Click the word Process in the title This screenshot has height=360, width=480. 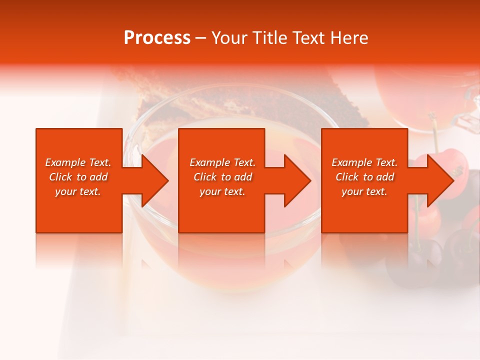click(157, 38)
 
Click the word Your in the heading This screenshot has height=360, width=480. click(229, 38)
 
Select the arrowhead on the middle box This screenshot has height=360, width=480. click(295, 180)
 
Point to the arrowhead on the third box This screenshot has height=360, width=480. click(438, 180)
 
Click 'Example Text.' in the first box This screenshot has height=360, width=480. click(78, 162)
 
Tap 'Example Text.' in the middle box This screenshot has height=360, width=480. click(222, 162)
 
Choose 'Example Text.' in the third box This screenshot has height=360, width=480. click(364, 162)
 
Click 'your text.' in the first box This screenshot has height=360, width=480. click(78, 191)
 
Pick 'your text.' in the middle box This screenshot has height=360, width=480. click(222, 191)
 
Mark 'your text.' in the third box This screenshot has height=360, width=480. click(364, 191)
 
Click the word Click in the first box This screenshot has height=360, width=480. click(60, 177)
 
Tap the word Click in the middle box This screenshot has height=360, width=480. click(205, 177)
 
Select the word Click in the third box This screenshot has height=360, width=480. click(347, 177)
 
